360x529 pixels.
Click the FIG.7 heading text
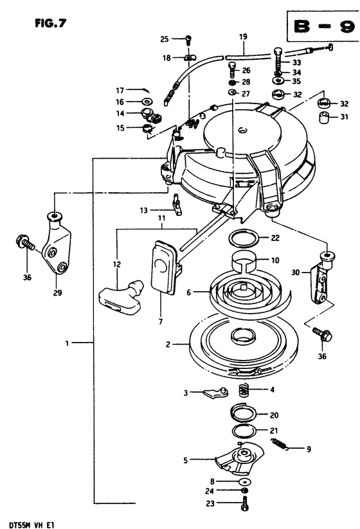[x=51, y=23]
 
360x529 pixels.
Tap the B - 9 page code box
[x=323, y=26]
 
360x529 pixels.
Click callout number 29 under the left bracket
[x=57, y=292]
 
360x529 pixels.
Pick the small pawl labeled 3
[x=216, y=392]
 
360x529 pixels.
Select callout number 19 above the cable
[x=243, y=37]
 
